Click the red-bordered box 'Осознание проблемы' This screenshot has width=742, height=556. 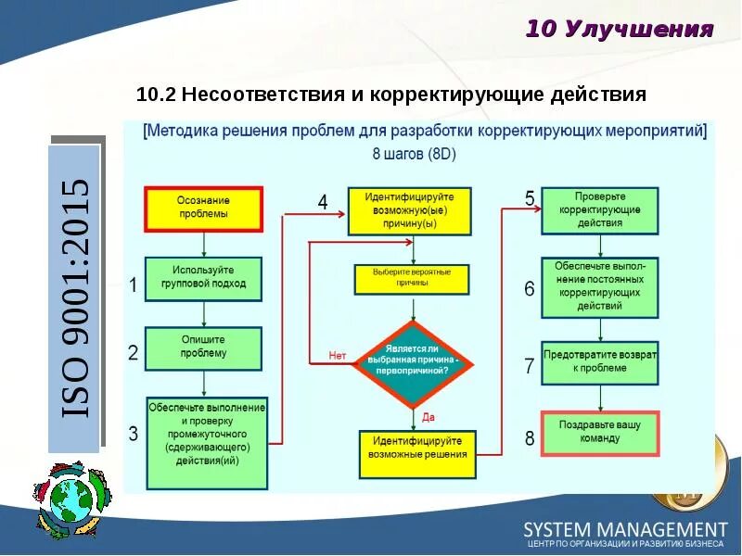tap(203, 208)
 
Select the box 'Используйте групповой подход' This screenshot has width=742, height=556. tap(203, 278)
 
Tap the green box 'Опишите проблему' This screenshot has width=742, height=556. tap(203, 347)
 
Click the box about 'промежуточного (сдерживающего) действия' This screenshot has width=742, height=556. tap(207, 443)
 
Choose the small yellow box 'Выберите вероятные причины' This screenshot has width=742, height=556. tap(412, 278)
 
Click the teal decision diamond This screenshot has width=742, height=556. tap(413, 364)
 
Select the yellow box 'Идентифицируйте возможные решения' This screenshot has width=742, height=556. tap(417, 454)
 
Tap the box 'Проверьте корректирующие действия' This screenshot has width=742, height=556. tap(599, 210)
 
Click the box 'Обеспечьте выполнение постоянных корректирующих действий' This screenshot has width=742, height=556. tap(599, 286)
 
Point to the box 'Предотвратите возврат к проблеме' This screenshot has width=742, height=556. tap(599, 362)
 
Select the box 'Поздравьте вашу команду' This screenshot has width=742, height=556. tap(599, 432)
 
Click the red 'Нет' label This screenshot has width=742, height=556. tap(338, 355)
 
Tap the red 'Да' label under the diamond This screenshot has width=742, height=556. tap(429, 417)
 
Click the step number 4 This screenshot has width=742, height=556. tap(323, 201)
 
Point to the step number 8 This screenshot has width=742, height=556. tap(530, 438)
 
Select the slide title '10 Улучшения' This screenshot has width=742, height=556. tap(620, 29)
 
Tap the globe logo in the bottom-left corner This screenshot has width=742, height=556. tap(64, 500)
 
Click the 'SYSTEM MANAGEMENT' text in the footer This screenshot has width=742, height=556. tap(625, 529)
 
